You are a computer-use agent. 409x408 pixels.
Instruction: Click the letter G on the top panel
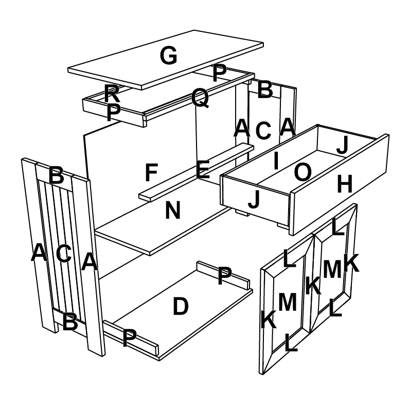[x=168, y=55]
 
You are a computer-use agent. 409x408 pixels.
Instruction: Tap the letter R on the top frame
[x=112, y=94]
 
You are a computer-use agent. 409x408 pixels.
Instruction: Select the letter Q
[x=200, y=98]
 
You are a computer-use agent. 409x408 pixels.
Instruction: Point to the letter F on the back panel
[x=150, y=173]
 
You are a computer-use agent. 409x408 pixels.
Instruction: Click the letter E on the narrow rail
[x=203, y=170]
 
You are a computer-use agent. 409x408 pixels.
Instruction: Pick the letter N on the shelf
[x=173, y=210]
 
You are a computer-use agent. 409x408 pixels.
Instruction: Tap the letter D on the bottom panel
[x=180, y=307]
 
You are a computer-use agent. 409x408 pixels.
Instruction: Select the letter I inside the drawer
[x=276, y=161]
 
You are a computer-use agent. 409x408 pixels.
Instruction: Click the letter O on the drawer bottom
[x=302, y=173]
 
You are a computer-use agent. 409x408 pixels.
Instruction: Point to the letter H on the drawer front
[x=344, y=184]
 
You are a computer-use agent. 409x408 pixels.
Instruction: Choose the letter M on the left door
[x=287, y=303]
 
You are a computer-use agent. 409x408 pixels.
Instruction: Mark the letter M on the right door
[x=332, y=269]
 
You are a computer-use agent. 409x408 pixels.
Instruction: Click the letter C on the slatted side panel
[x=64, y=253]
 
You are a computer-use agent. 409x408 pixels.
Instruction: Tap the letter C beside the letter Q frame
[x=263, y=131]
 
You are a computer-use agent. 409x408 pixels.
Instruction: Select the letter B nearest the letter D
[x=70, y=322]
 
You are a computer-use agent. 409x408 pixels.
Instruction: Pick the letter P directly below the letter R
[x=114, y=113]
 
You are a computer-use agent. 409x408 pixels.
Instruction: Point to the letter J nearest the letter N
[x=254, y=200]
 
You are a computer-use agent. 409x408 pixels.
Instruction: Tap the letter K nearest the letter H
[x=351, y=264]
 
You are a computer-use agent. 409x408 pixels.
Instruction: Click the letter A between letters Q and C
[x=241, y=127]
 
